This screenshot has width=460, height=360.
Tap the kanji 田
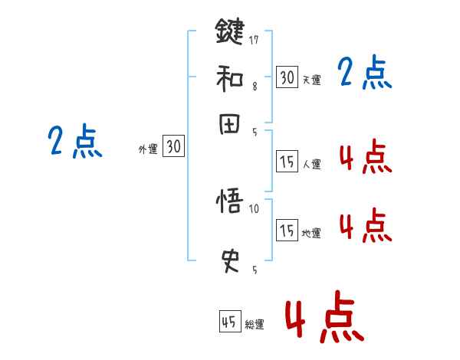pos(229,125)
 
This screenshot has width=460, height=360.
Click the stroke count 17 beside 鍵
pos(255,38)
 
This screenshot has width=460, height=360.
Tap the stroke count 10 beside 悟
pos(255,208)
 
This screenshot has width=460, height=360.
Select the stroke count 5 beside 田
pos(255,133)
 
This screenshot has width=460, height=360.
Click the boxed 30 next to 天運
pos(287,77)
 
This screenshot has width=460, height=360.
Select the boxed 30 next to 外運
pos(174,146)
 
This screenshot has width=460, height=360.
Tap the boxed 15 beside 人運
pos(287,161)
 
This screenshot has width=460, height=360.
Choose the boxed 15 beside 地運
pos(287,230)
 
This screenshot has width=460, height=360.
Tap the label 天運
pos(311,80)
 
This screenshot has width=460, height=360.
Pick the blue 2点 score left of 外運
pos(74,141)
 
